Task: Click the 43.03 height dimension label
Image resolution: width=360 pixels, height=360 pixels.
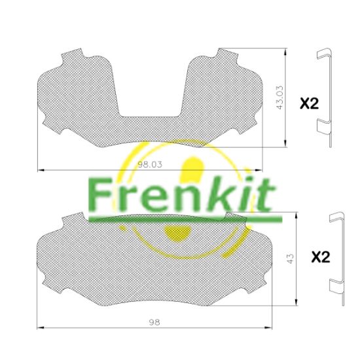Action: point(280,98)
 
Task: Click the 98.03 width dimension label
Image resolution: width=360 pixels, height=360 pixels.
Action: point(150,164)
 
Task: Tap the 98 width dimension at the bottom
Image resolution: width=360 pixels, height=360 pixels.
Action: point(154,322)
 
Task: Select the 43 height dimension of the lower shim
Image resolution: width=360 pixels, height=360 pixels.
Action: point(290,259)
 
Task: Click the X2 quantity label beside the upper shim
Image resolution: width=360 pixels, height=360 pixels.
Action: point(310,103)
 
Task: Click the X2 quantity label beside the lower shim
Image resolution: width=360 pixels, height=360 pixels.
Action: point(321,257)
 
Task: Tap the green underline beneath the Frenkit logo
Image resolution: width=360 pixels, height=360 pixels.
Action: point(185,219)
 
